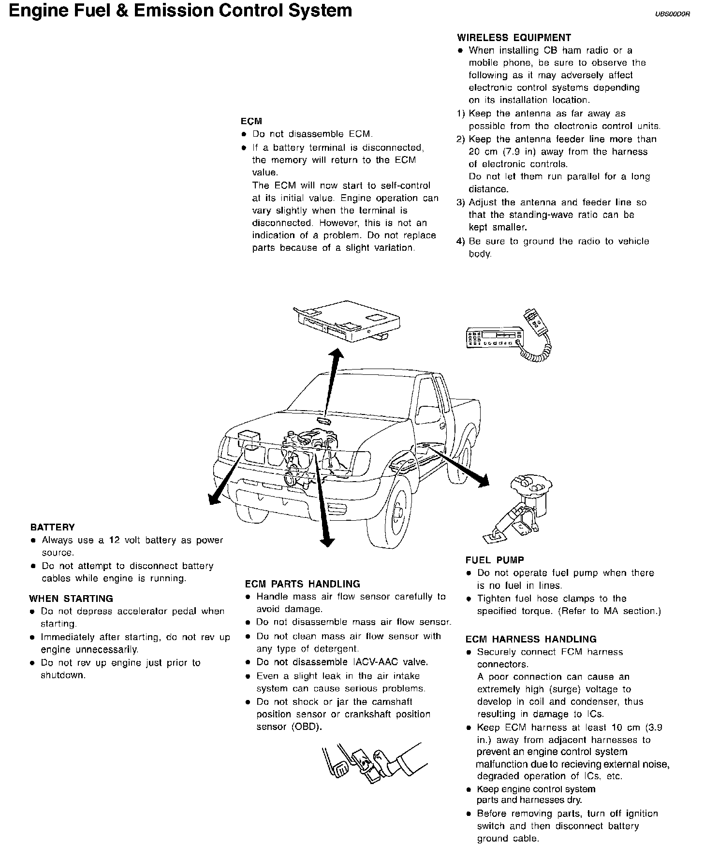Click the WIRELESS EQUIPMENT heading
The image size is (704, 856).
click(x=514, y=38)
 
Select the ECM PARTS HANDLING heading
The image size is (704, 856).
click(x=302, y=584)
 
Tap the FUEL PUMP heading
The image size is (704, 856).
click(x=495, y=560)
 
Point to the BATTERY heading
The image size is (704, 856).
click(x=52, y=527)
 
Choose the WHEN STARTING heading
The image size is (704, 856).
click(x=71, y=599)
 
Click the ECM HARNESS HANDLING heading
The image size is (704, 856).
click(x=531, y=639)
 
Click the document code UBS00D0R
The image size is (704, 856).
click(x=673, y=14)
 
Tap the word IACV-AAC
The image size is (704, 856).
click(x=379, y=662)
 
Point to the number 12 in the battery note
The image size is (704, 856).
click(x=114, y=540)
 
